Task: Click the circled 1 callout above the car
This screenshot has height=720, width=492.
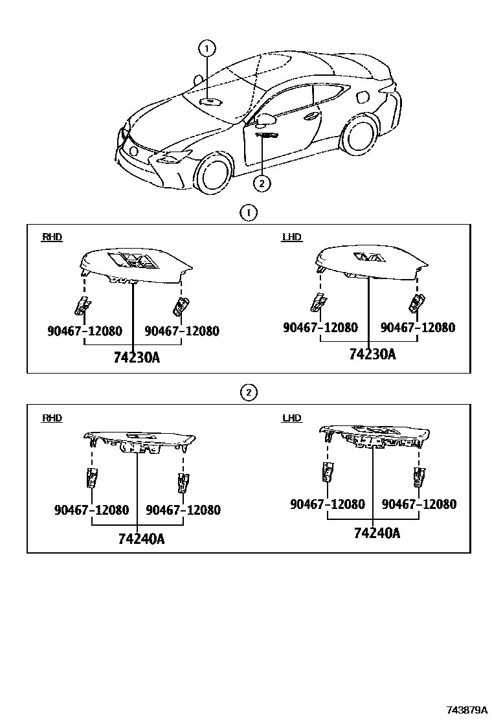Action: click(x=207, y=47)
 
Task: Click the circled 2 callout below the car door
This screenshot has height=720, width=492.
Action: click(x=261, y=183)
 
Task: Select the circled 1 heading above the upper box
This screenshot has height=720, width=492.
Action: click(x=248, y=212)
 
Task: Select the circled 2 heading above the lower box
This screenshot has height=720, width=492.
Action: click(x=248, y=392)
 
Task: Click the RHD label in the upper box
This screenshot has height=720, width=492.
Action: click(x=52, y=238)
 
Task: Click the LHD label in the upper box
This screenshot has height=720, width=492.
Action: click(x=292, y=238)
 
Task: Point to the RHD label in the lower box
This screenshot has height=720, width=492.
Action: click(x=52, y=418)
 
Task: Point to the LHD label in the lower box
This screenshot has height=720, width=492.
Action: click(x=292, y=418)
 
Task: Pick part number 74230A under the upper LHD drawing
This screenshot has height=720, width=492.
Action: click(x=372, y=354)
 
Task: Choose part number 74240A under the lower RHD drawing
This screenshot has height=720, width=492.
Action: click(x=141, y=538)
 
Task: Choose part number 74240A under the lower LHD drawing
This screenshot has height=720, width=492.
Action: click(x=377, y=534)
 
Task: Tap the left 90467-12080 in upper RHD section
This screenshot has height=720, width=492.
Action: click(x=84, y=332)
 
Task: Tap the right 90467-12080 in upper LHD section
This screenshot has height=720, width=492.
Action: click(x=418, y=328)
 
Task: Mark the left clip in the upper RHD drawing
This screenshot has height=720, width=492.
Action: click(x=83, y=303)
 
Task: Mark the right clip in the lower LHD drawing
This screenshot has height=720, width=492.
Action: click(x=419, y=476)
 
